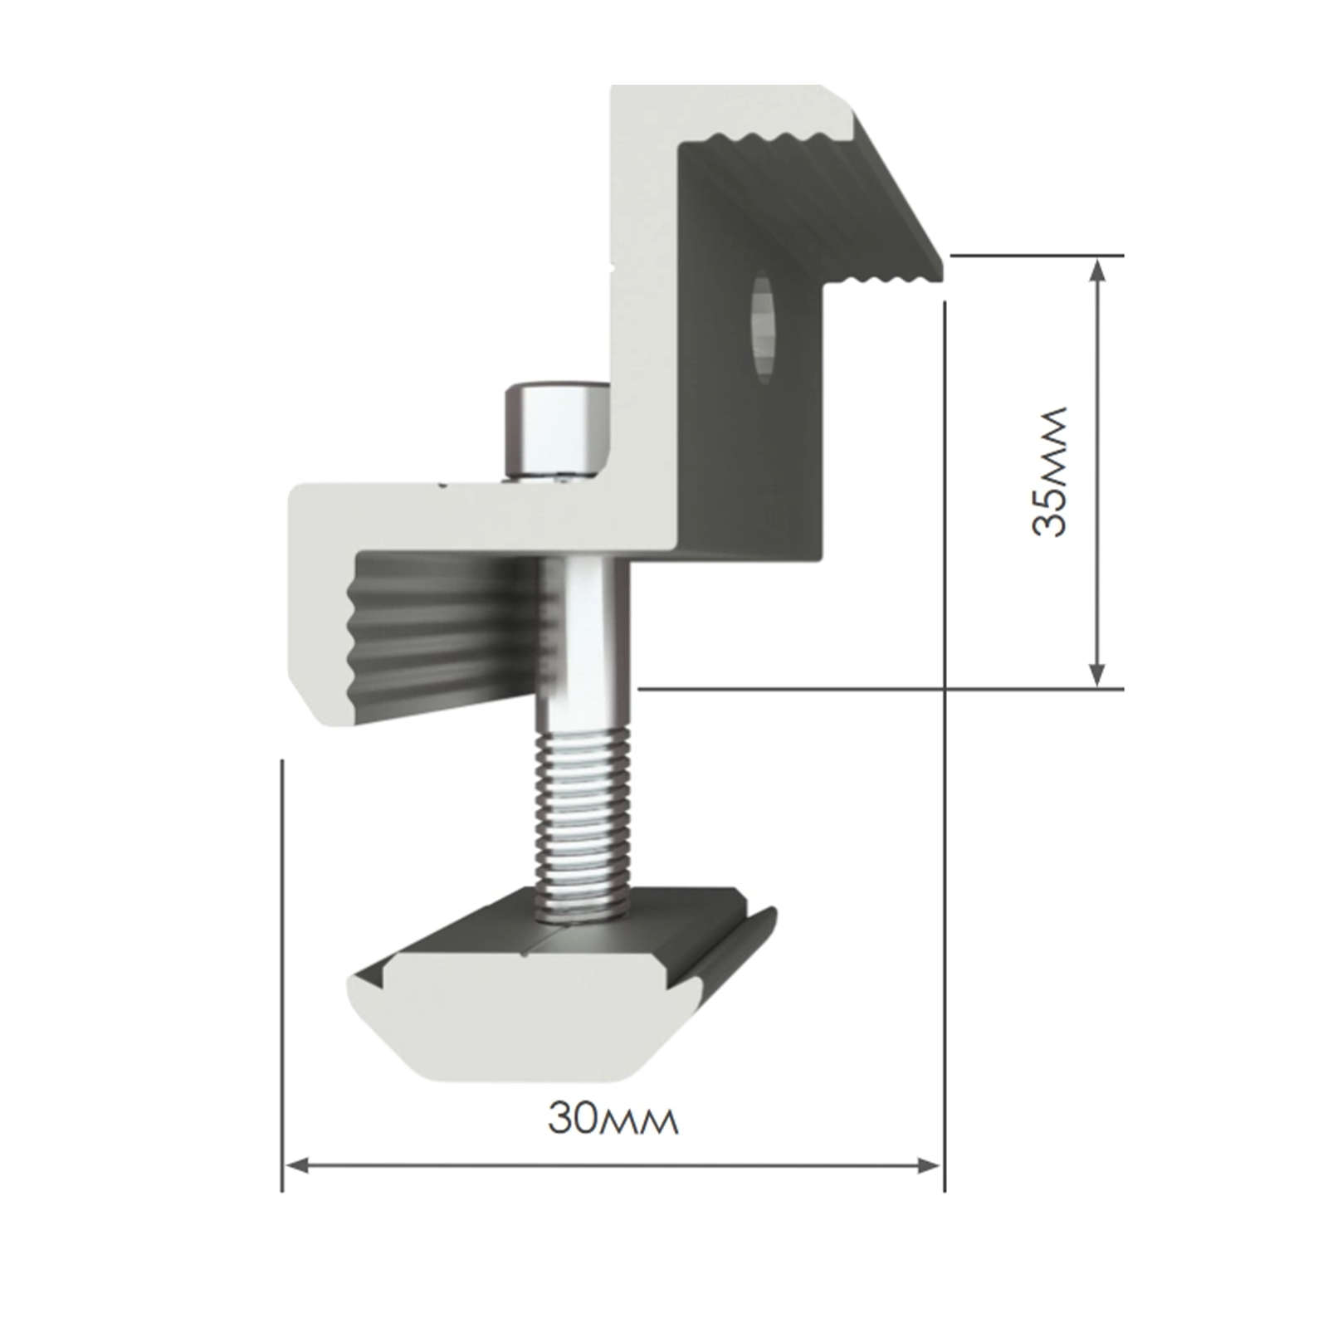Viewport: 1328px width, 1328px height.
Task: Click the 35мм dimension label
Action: click(x=1048, y=471)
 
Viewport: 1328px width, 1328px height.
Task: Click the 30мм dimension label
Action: click(x=613, y=1120)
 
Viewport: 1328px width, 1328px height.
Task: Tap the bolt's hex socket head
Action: click(x=557, y=428)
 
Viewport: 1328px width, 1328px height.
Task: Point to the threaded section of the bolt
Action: click(x=581, y=825)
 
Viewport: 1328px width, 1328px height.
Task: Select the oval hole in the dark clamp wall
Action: click(x=763, y=327)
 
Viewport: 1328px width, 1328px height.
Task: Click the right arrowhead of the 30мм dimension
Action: click(x=929, y=1165)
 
